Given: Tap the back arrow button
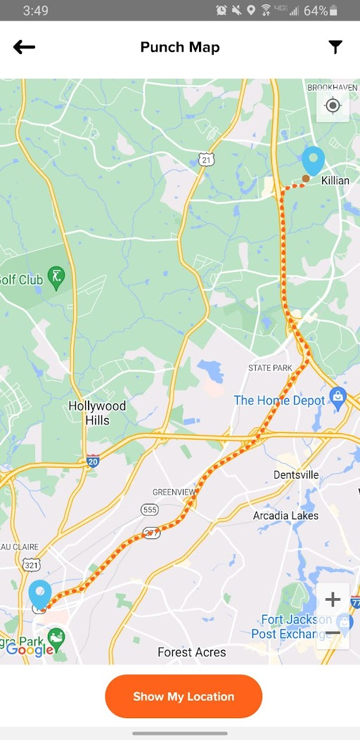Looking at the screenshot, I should [x=24, y=47].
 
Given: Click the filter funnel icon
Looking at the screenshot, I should [x=335, y=47].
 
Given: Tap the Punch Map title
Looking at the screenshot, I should [x=180, y=47].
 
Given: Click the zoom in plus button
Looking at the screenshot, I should [x=333, y=599].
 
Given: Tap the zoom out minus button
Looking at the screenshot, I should [x=333, y=633].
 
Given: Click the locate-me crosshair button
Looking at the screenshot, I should [x=333, y=106].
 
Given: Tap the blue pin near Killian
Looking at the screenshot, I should [x=313, y=161].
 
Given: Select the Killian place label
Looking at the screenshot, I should [x=335, y=181].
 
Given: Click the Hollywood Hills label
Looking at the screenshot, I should [x=97, y=413].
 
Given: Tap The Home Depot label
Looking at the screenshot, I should [x=279, y=400].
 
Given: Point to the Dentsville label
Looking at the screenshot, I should [x=296, y=475].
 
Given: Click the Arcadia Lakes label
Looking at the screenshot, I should [x=285, y=515].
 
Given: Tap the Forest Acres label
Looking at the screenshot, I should [x=191, y=652].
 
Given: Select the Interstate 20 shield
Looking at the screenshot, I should [x=93, y=461].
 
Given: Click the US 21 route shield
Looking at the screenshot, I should [x=205, y=160].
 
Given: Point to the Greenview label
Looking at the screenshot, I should [x=174, y=492].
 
